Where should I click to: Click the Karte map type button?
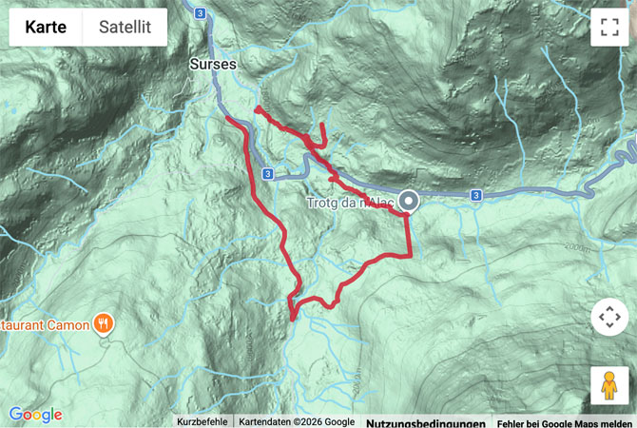tap(46, 28)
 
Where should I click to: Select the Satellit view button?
tap(125, 28)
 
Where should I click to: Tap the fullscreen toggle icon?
tap(608, 28)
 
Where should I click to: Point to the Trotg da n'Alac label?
tap(349, 203)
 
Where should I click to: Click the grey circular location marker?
tap(409, 201)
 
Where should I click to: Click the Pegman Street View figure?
tap(608, 385)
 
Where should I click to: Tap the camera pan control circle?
tap(608, 317)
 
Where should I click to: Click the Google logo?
tap(35, 415)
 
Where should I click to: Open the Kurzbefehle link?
tap(202, 421)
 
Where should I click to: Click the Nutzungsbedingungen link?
tap(425, 422)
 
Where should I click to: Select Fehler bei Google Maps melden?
tap(565, 422)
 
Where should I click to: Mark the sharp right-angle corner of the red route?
tap(410, 254)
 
